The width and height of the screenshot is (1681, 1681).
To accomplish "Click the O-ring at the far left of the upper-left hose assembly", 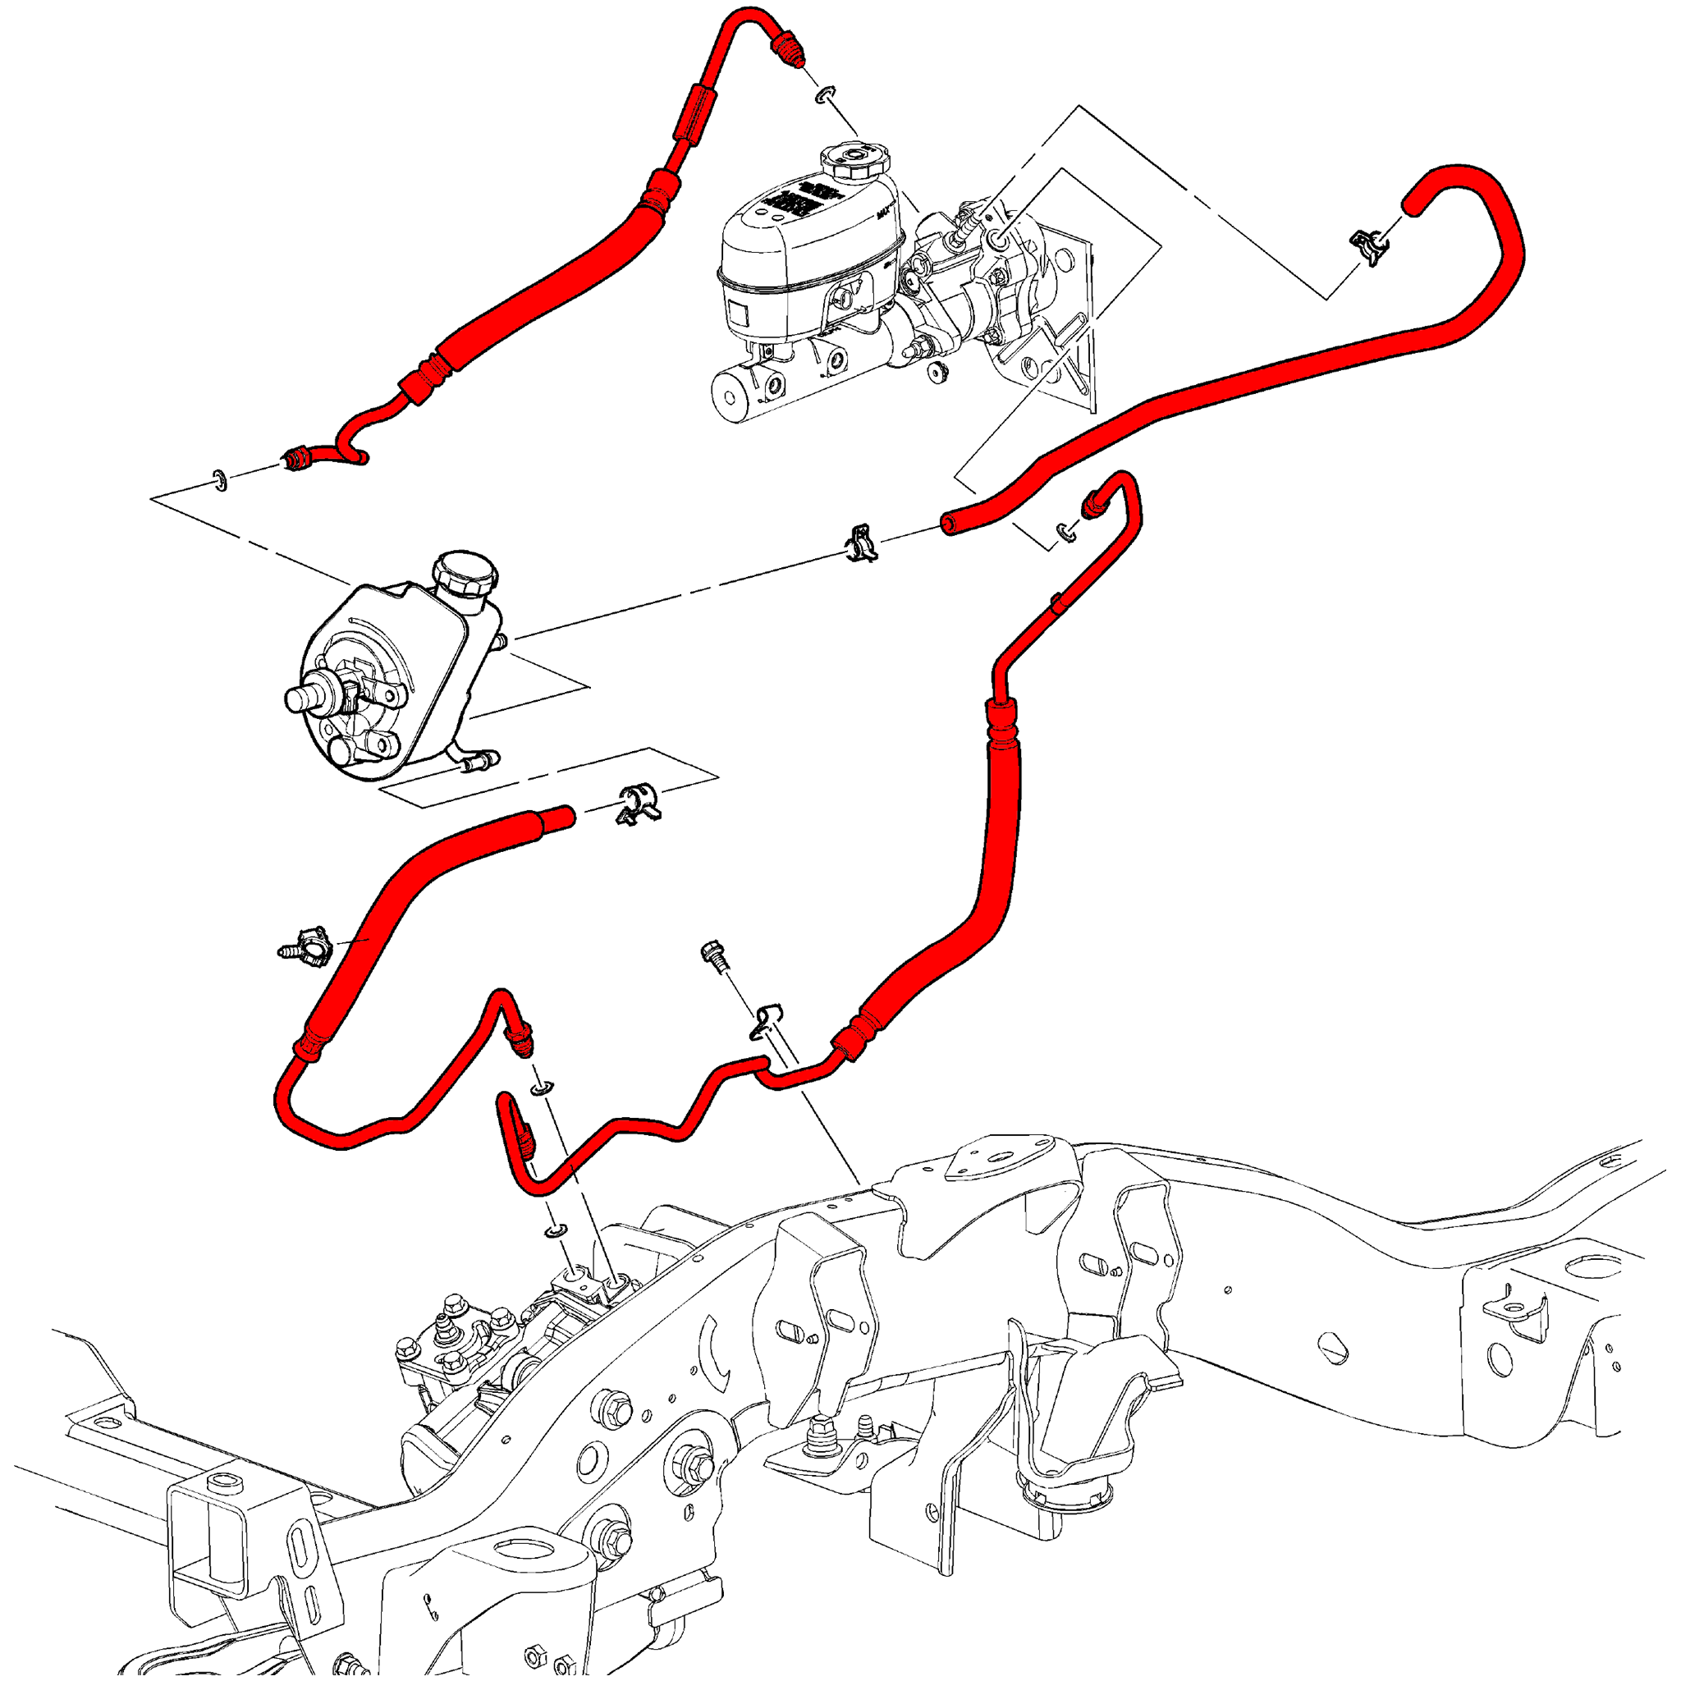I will (219, 479).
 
